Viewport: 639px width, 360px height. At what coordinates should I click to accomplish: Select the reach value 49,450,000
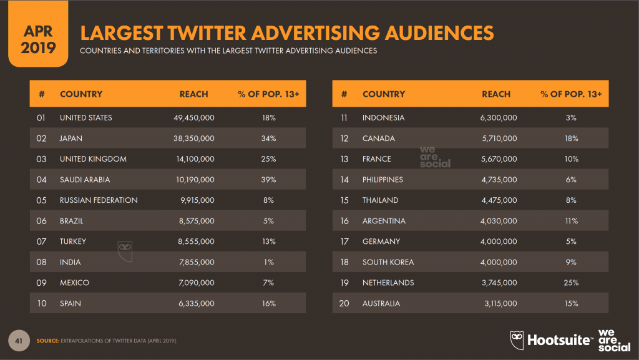pyautogui.click(x=193, y=117)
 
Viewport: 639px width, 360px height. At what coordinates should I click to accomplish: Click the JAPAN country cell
pyautogui.click(x=71, y=138)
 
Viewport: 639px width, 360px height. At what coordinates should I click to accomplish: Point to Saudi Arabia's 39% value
pyautogui.click(x=268, y=180)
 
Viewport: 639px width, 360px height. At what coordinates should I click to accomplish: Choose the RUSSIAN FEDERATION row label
pyautogui.click(x=99, y=200)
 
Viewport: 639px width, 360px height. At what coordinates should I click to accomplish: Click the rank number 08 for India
pyautogui.click(x=41, y=262)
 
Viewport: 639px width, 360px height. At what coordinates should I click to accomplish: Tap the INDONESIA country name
pyautogui.click(x=383, y=117)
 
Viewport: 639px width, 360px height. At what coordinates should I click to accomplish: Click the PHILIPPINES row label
pyautogui.click(x=383, y=180)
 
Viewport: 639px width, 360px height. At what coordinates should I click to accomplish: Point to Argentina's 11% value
pyautogui.click(x=571, y=221)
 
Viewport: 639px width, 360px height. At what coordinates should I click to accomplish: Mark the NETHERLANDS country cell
pyautogui.click(x=388, y=283)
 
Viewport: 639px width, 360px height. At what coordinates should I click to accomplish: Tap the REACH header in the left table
pyautogui.click(x=193, y=94)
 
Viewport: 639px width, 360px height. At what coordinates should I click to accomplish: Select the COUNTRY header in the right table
pyautogui.click(x=383, y=94)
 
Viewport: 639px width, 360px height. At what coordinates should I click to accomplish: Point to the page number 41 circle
pyautogui.click(x=19, y=340)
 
